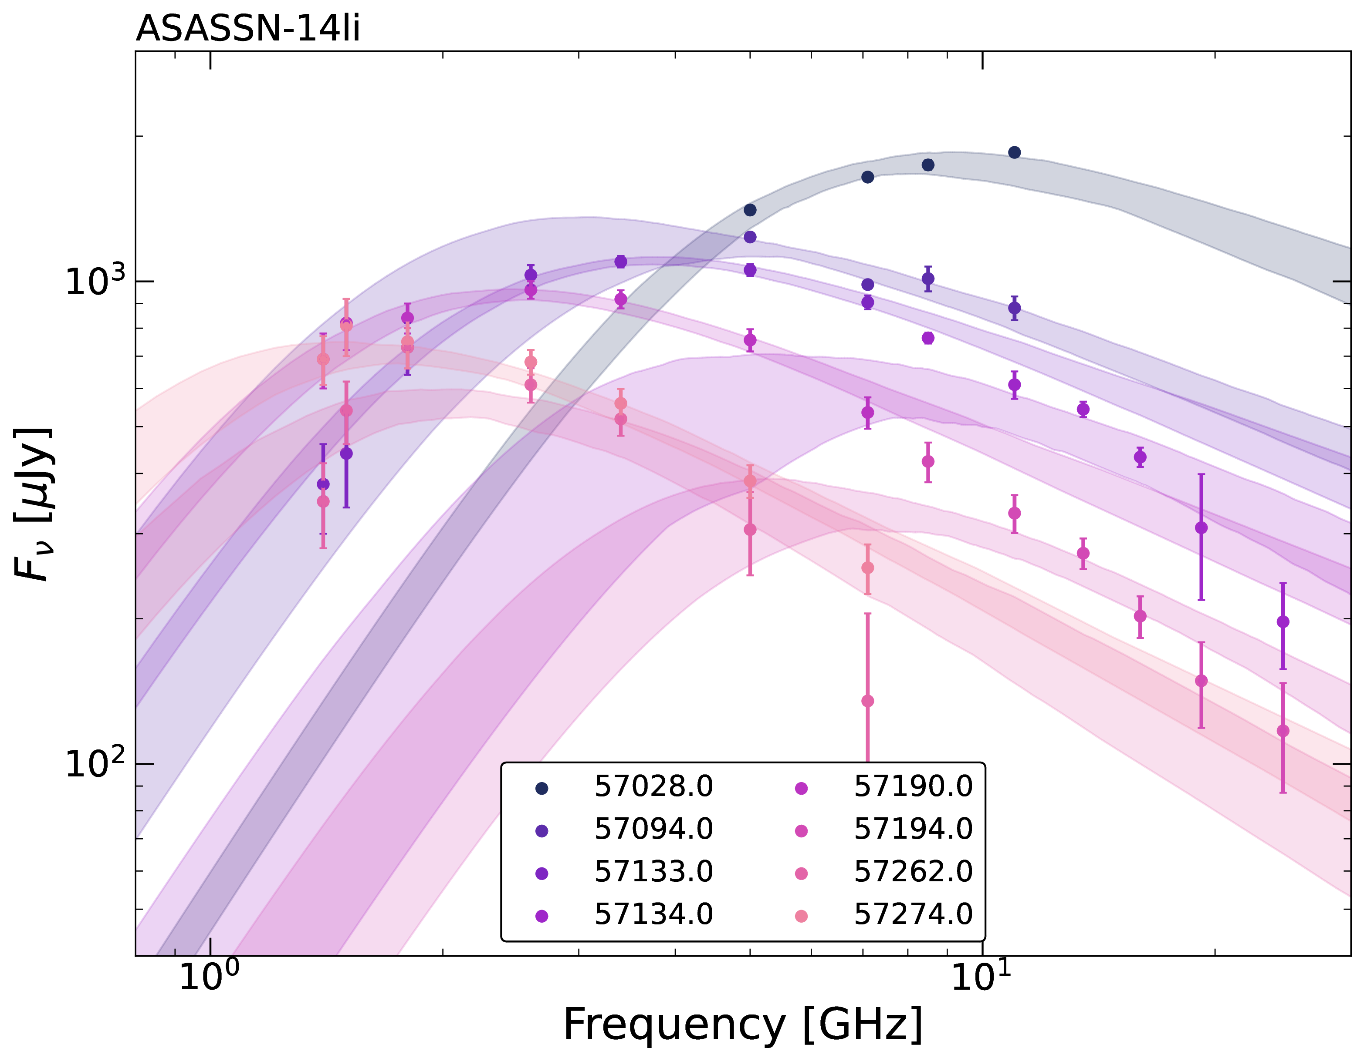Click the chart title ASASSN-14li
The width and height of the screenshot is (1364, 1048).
(248, 29)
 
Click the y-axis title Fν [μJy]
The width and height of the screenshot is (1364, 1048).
(33, 504)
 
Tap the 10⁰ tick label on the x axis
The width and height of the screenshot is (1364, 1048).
(209, 974)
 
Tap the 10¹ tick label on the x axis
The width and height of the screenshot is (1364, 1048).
(982, 974)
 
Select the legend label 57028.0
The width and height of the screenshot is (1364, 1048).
(653, 786)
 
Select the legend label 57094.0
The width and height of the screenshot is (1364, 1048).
(653, 829)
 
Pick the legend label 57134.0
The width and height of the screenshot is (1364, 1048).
(653, 914)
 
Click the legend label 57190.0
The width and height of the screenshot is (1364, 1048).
(913, 786)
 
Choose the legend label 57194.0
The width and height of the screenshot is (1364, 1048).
(913, 829)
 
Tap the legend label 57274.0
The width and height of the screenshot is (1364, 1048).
(913, 914)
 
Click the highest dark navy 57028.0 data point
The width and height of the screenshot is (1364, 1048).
(1015, 152)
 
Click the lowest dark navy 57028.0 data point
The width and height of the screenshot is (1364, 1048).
(750, 210)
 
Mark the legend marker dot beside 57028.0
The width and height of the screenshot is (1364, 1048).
(542, 789)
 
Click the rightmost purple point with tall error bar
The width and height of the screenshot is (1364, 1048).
(1283, 621)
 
